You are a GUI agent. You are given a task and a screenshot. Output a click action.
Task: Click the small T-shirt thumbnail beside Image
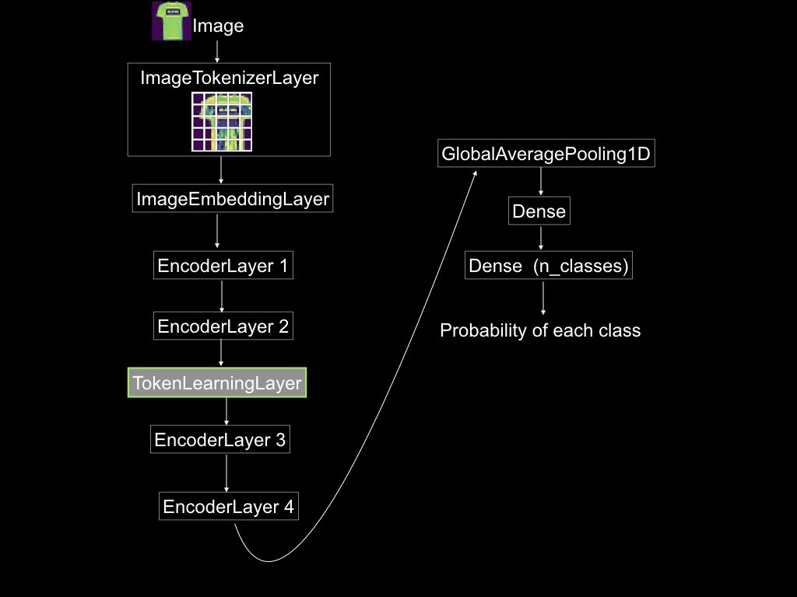click(x=172, y=21)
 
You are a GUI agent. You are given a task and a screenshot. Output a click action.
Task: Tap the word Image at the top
click(x=218, y=26)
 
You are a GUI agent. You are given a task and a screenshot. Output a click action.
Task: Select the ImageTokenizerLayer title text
click(x=230, y=78)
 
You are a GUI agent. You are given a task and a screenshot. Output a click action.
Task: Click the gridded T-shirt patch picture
click(x=222, y=122)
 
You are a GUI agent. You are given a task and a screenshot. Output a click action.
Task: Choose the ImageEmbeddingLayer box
click(x=233, y=198)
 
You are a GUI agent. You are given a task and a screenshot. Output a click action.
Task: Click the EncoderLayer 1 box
click(x=223, y=265)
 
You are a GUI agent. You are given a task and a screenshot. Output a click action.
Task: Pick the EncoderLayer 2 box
click(x=223, y=326)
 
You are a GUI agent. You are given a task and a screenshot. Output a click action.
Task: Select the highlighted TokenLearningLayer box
click(x=217, y=382)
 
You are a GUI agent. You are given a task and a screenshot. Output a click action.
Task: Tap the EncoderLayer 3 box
click(x=220, y=440)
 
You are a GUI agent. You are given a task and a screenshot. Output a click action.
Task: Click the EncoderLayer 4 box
click(x=229, y=506)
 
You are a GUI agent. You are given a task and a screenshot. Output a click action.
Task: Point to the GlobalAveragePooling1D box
click(x=546, y=153)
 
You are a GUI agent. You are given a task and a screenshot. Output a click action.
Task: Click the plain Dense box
click(x=539, y=211)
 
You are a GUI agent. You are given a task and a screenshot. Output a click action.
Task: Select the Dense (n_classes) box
click(x=549, y=265)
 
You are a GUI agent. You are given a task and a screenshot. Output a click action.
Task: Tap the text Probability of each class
click(x=540, y=330)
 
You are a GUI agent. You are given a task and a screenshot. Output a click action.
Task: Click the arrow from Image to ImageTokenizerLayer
click(x=217, y=52)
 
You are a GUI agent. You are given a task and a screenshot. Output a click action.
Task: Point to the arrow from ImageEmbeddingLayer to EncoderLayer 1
click(x=217, y=231)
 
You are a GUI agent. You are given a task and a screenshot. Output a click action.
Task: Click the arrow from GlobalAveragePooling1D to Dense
click(x=541, y=181)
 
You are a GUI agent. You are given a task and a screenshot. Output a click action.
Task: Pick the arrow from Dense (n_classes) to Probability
click(x=543, y=298)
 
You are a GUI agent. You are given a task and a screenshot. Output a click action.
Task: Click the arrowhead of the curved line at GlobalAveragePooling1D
click(x=476, y=173)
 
